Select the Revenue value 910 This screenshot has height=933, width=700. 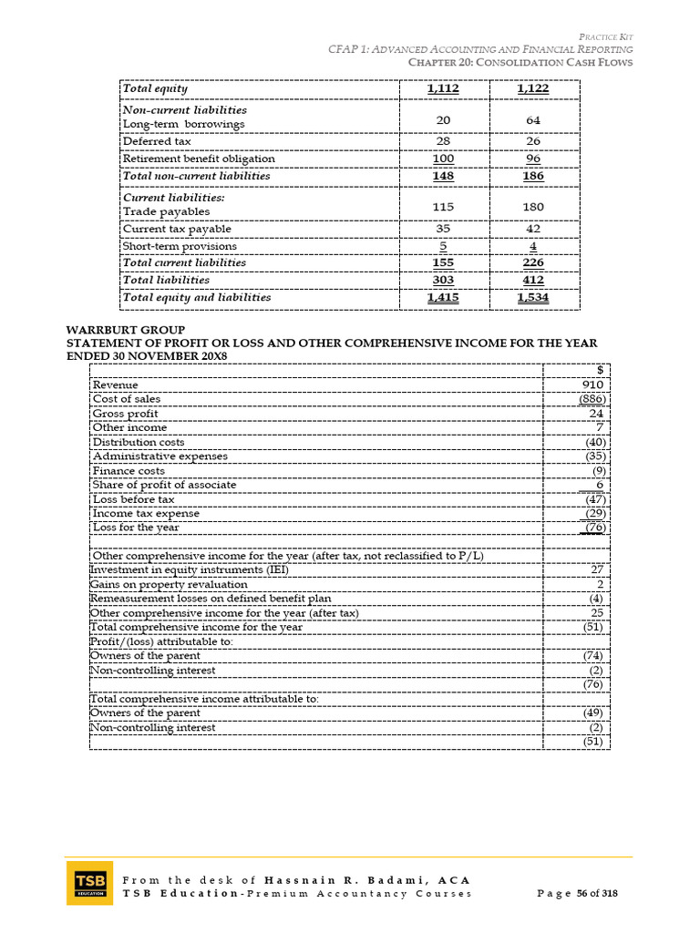593,385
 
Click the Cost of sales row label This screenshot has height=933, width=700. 127,399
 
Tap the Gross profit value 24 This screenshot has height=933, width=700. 597,414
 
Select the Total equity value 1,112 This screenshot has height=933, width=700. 443,88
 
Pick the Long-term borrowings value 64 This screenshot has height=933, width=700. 533,117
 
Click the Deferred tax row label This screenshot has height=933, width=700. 157,141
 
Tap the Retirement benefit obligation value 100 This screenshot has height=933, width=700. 443,159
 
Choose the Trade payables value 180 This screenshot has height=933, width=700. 533,207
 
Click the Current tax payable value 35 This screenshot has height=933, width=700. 443,229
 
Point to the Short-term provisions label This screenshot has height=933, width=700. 180,246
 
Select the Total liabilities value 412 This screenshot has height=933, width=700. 533,280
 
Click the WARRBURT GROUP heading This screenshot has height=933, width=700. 126,329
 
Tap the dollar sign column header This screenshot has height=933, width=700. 600,370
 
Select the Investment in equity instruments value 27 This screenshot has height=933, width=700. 598,569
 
